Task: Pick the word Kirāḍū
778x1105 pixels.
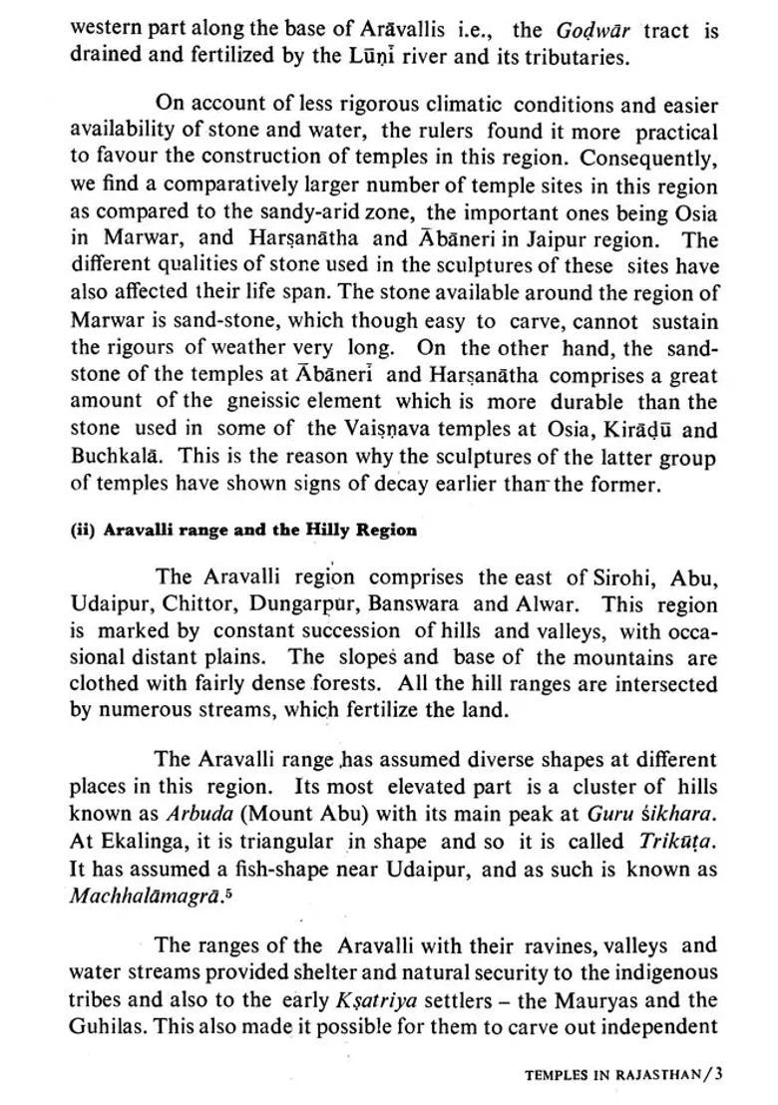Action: [648, 429]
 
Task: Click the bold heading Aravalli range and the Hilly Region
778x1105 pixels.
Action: [243, 531]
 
